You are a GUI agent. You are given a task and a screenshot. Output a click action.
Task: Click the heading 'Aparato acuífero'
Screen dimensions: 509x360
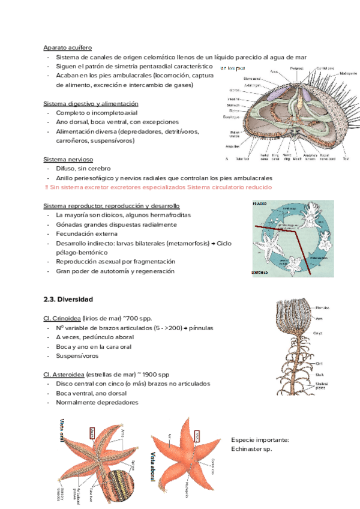tap(68, 48)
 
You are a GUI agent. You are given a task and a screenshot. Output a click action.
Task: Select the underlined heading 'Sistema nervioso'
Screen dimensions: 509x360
tap(68, 160)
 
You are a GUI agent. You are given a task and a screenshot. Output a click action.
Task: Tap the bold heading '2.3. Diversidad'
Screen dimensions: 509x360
tap(68, 299)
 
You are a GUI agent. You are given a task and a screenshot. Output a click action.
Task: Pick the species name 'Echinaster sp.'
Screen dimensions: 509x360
tap(252, 449)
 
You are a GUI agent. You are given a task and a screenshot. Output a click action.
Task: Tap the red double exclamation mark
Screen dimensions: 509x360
tap(47, 188)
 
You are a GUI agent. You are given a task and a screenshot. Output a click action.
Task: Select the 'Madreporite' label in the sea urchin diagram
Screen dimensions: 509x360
tap(347, 73)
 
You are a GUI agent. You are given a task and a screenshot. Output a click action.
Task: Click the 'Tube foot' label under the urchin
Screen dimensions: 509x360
tap(243, 159)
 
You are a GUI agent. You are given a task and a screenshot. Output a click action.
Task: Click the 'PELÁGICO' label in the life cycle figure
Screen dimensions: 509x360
tap(260, 204)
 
